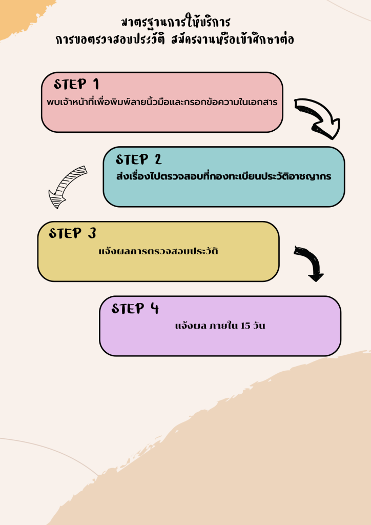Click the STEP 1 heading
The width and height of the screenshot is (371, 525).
[x=76, y=85]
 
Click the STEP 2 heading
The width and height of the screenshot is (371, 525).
[x=139, y=159]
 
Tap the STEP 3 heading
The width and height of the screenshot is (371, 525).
[x=72, y=234]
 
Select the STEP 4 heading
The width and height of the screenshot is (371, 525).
[x=135, y=309]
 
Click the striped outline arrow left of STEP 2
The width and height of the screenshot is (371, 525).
[x=68, y=186]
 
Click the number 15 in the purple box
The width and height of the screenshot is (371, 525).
[x=245, y=326]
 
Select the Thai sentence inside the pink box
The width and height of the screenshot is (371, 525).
[x=162, y=102]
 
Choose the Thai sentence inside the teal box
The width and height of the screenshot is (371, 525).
[x=223, y=176]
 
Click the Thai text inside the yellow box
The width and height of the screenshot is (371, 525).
[x=158, y=251]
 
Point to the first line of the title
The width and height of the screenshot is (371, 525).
[x=176, y=23]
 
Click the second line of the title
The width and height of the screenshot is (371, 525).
[x=175, y=39]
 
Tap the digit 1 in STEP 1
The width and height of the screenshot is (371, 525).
[x=95, y=85]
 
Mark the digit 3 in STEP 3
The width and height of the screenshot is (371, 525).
[x=92, y=234]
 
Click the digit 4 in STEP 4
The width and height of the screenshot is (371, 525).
[x=155, y=309]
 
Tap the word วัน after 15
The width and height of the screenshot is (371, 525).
[x=259, y=326]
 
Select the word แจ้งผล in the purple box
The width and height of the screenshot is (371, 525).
[x=188, y=326]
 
